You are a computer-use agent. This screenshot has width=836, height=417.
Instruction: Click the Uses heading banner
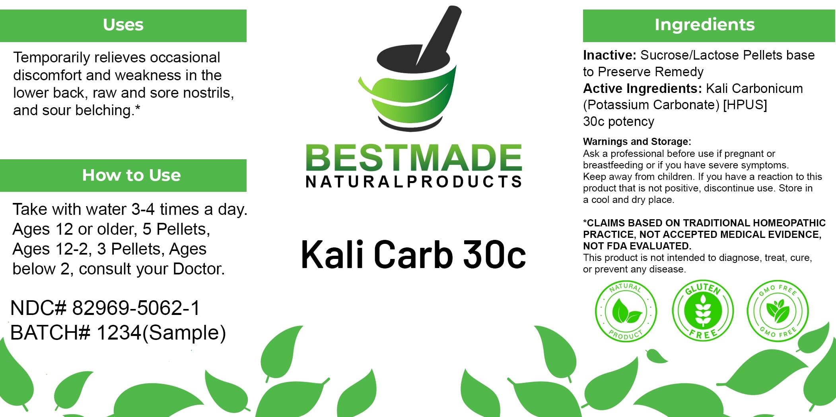pos(123,25)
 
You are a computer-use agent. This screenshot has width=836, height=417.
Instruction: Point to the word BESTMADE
pos(414,158)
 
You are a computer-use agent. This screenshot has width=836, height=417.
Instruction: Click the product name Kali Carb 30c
pos(414,254)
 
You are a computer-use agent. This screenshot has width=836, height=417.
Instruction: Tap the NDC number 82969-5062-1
pos(136,308)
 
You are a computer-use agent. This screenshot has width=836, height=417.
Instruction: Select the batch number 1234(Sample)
pos(161,333)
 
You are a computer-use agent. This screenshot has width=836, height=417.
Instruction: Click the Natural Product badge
pos(626,311)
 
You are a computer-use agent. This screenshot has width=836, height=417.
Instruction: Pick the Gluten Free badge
pos(703,310)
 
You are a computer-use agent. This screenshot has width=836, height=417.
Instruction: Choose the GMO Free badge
pos(778,311)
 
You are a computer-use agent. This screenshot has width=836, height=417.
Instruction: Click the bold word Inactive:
pos(610,55)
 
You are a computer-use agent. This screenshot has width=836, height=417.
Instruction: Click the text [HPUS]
pos(745,105)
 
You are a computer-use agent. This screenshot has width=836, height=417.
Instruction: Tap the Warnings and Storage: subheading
pos(637,142)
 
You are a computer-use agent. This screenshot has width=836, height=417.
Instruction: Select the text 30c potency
pos(618,122)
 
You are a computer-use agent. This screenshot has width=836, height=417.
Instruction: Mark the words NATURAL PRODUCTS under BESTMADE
pos(414,182)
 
